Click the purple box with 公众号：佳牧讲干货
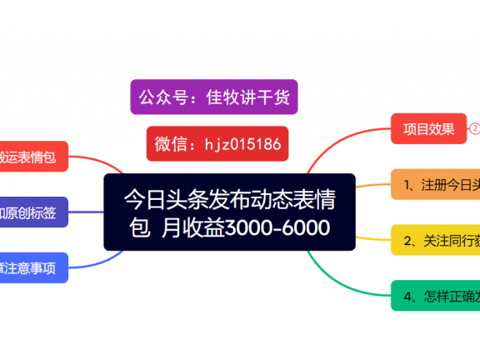(x=214, y=97)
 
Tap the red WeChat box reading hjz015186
(x=217, y=143)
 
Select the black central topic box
(x=229, y=212)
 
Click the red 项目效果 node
(x=428, y=128)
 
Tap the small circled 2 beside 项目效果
(x=475, y=128)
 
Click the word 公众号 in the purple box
(x=163, y=97)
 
